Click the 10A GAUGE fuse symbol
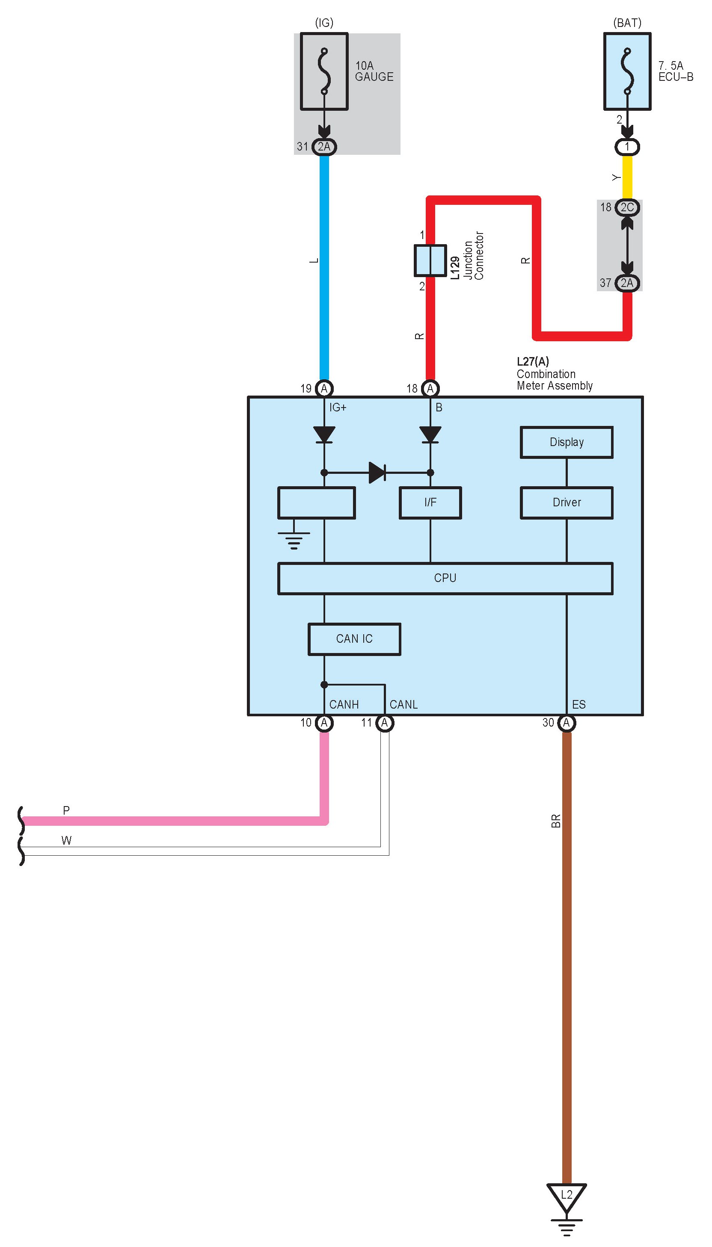[x=324, y=71]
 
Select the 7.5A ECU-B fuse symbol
[x=627, y=71]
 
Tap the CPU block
[x=445, y=578]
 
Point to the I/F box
[x=430, y=502]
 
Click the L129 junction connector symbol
[x=430, y=260]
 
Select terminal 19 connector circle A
[x=324, y=388]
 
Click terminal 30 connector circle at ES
[x=566, y=723]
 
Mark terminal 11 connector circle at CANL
[x=384, y=723]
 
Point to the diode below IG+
[x=324, y=434]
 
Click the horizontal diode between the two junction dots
[x=377, y=473]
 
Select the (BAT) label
[x=627, y=23]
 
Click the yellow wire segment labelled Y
[x=627, y=177]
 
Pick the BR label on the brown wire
[x=555, y=821]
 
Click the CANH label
[x=344, y=705]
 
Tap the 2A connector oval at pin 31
[x=324, y=147]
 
